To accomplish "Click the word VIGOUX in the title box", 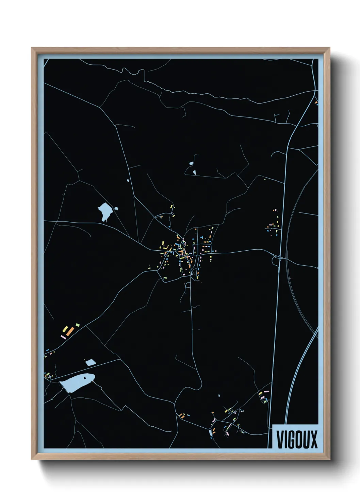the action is [x=297, y=439].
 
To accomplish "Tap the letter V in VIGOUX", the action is [x=280, y=439].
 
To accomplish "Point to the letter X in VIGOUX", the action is [x=313, y=439].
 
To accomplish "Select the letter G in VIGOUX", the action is [x=291, y=439].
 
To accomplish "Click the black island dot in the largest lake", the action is [x=84, y=377].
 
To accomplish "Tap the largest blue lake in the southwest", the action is [x=77, y=382].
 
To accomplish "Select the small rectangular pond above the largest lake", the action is [x=91, y=363].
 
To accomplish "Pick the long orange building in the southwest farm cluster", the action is [x=70, y=330].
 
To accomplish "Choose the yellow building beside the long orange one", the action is [x=65, y=329].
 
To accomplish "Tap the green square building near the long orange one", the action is [x=78, y=325].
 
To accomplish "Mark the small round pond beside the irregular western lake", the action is [x=116, y=209].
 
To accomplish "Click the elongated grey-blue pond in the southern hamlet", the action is [x=210, y=433].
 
